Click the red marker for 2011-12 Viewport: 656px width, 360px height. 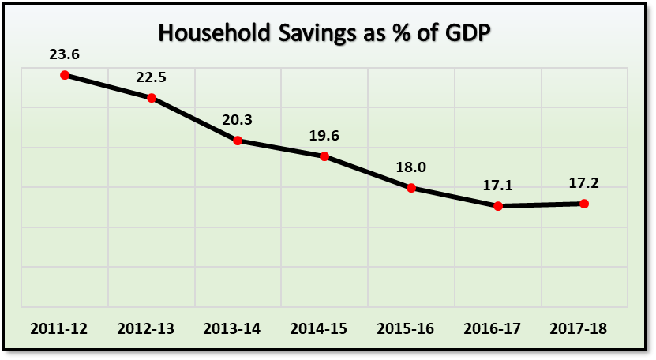click(65, 75)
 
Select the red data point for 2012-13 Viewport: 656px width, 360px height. click(151, 98)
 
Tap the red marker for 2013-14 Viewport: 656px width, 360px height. click(238, 141)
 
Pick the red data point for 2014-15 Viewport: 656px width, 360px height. click(324, 156)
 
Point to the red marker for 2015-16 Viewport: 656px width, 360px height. click(411, 188)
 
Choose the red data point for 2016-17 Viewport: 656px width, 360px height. click(498, 206)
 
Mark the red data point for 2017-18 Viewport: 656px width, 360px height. click(584, 204)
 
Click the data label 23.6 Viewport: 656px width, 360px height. click(65, 55)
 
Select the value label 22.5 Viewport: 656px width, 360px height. click(151, 78)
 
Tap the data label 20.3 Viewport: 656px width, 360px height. click(238, 121)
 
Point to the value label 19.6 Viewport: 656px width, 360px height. click(324, 136)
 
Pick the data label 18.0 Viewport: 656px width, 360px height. click(411, 167)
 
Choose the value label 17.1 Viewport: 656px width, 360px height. click(498, 186)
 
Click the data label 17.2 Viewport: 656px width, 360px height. click(584, 184)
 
